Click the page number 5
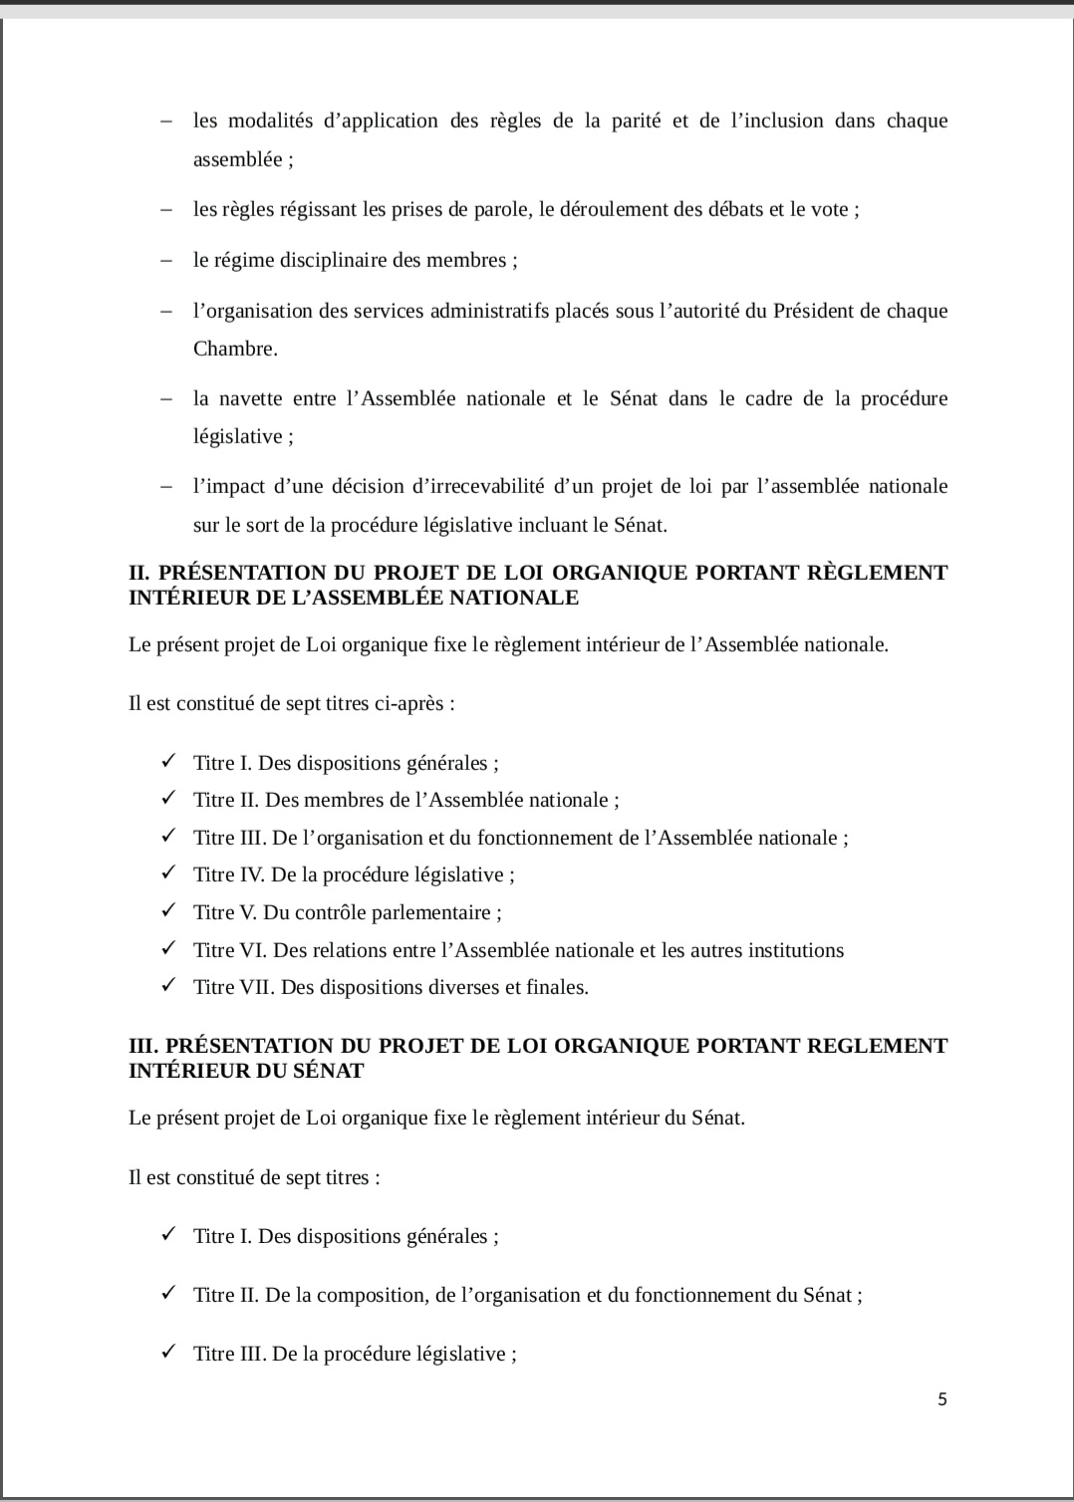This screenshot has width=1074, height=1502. (942, 1399)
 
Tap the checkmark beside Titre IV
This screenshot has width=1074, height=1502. (168, 874)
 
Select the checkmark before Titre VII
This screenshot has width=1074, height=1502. (168, 986)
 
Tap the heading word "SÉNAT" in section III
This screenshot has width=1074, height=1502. (330, 1071)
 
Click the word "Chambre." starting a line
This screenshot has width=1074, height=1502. (235, 350)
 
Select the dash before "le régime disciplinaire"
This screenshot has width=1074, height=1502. (166, 261)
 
